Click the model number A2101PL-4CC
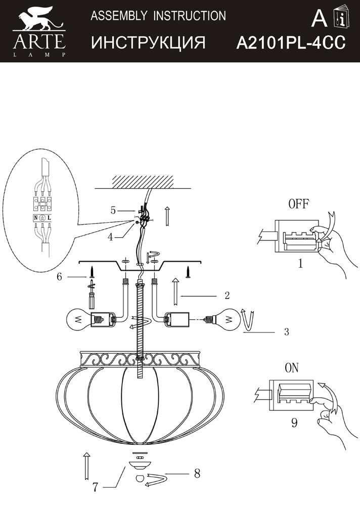coord(291,43)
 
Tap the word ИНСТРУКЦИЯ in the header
coord(148,43)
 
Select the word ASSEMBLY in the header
coord(119,16)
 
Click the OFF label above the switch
coord(298,204)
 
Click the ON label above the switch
coord(292,368)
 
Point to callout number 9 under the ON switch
coord(294,423)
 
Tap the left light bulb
coord(77,320)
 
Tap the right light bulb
coord(227,319)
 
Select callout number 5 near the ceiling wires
coord(113,210)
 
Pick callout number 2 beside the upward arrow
coord(227,296)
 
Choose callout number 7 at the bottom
coord(95,487)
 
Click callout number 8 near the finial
coord(197,474)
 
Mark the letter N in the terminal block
coord(35,218)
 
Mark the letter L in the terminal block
coord(49,218)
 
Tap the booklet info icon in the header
coord(342,17)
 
